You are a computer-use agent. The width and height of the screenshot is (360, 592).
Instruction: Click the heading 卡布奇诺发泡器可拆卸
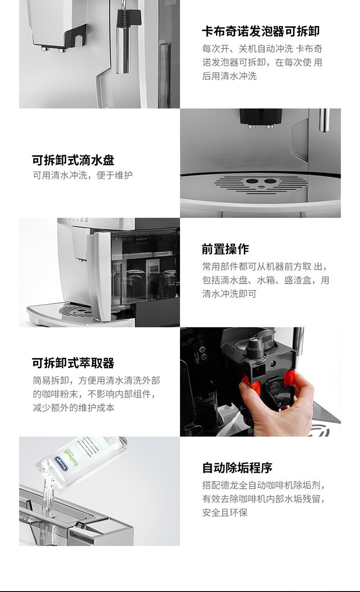click(x=261, y=32)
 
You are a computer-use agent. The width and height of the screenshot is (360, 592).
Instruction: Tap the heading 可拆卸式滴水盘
click(x=73, y=160)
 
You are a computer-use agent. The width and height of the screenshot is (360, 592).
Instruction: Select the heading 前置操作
click(x=225, y=249)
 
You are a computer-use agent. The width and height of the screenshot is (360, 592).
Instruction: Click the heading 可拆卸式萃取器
click(x=73, y=363)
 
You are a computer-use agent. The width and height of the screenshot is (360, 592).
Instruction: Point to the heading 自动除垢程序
click(x=237, y=468)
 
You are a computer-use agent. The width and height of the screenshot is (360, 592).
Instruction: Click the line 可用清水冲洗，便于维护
click(x=83, y=175)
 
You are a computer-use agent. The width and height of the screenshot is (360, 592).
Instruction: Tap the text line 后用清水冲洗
click(x=229, y=76)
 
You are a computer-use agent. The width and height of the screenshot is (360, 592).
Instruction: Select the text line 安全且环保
click(x=225, y=513)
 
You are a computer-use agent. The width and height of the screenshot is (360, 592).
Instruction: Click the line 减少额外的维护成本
click(x=73, y=408)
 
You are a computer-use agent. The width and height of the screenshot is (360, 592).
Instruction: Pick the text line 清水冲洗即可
click(x=229, y=294)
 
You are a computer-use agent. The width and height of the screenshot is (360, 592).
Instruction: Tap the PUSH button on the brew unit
click(x=275, y=388)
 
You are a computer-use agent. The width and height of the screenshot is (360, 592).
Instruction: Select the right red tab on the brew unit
click(x=290, y=377)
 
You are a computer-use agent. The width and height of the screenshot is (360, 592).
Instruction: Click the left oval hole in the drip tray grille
click(x=252, y=181)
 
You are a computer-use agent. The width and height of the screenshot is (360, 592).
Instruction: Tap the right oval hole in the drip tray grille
click(x=270, y=181)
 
